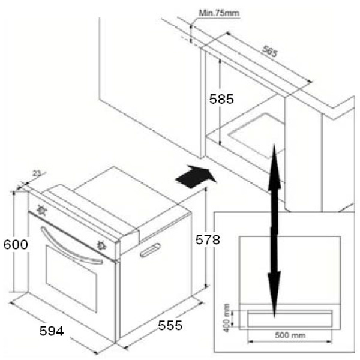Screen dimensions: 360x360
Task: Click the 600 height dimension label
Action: [16, 244]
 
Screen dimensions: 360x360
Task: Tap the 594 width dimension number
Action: [52, 331]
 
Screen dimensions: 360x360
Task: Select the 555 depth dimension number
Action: [170, 325]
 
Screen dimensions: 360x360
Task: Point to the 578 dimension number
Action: [208, 239]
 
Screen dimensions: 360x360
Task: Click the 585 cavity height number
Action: [221, 99]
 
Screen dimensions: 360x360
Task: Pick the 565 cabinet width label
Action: [270, 51]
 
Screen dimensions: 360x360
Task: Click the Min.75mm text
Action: [219, 13]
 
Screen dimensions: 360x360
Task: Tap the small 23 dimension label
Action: [37, 173]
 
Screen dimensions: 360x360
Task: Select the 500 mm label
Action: [290, 335]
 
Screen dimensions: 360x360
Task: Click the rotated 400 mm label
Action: [226, 318]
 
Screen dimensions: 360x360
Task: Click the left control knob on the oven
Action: [41, 210]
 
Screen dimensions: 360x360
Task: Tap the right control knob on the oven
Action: [101, 245]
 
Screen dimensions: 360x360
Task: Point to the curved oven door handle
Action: [69, 247]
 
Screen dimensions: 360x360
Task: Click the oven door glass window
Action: [71, 278]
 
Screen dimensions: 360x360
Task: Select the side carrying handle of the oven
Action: [150, 250]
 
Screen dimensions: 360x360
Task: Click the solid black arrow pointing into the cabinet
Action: [196, 177]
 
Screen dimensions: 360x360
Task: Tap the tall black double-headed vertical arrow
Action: [274, 231]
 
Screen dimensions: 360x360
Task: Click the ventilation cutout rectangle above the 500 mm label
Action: [290, 319]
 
